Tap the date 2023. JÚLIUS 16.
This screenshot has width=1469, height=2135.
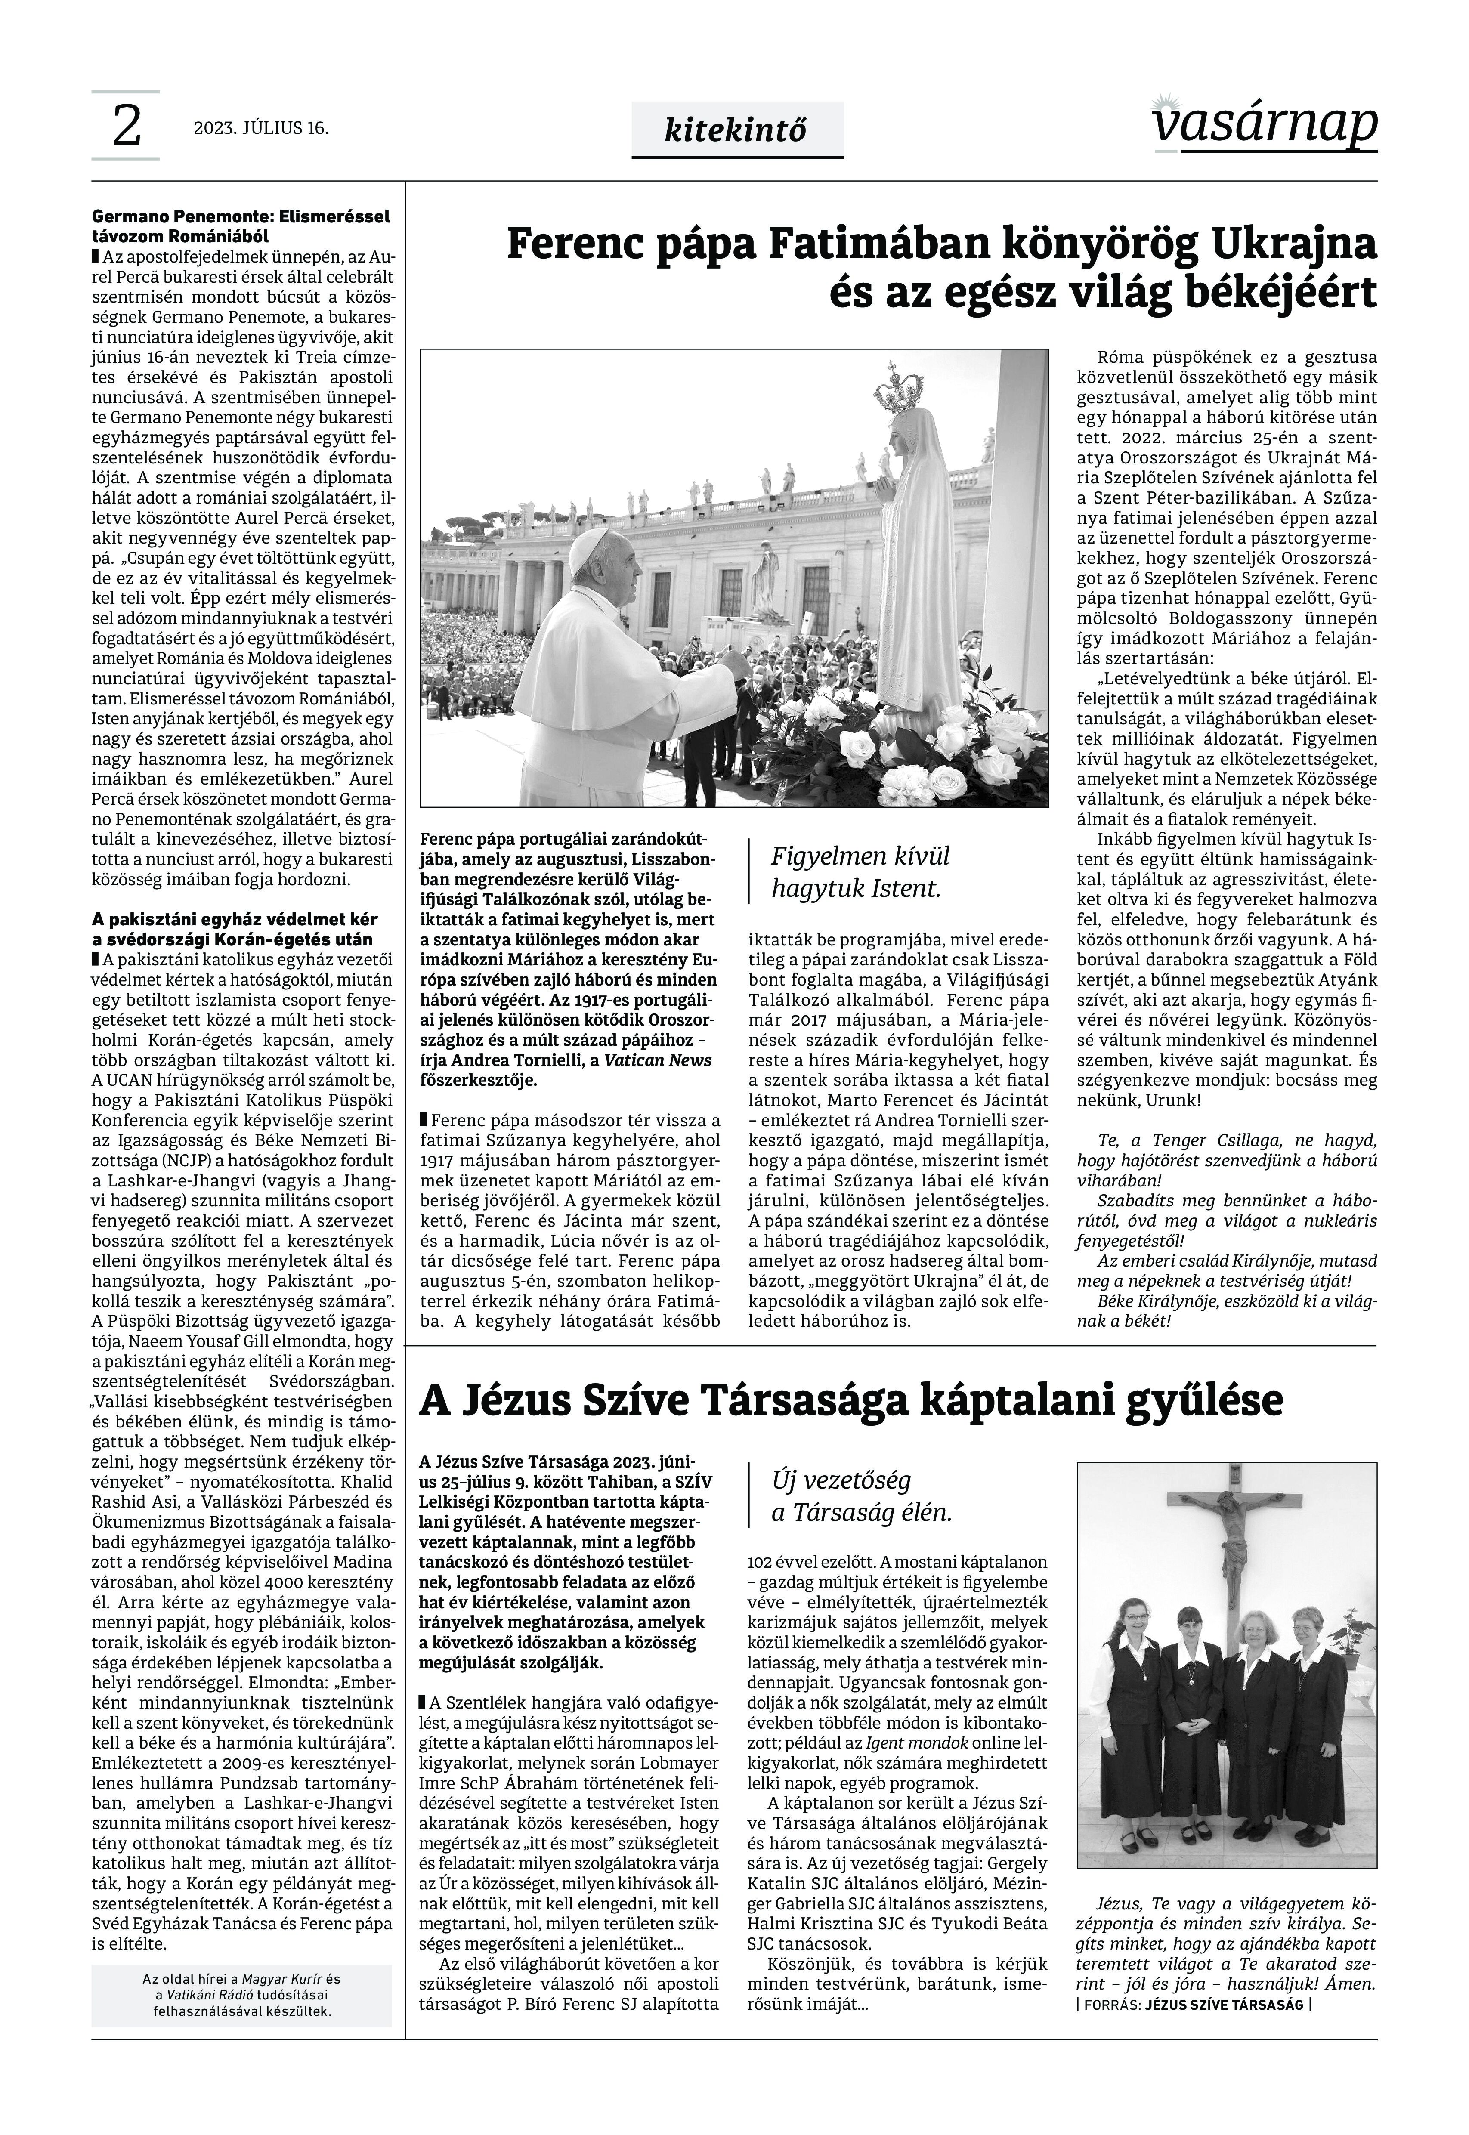260,128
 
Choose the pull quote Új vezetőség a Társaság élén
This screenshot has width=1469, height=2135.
862,1496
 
